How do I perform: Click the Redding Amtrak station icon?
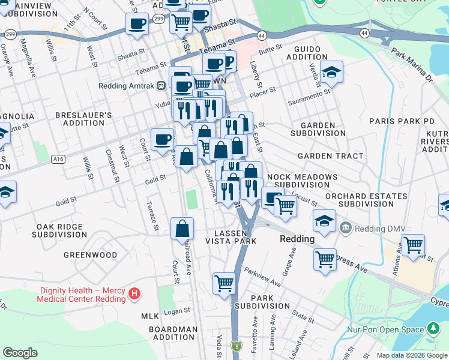click(161, 86)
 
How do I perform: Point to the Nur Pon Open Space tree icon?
click(432, 329)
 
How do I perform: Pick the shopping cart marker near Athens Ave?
click(413, 246)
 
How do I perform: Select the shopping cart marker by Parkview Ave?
click(224, 283)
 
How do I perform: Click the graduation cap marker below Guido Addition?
click(331, 73)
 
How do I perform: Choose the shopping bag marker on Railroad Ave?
click(182, 229)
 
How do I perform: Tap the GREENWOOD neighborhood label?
click(91, 255)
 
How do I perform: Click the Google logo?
click(20, 353)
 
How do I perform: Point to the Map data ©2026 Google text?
click(411, 355)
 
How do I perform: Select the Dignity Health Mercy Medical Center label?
click(83, 295)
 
